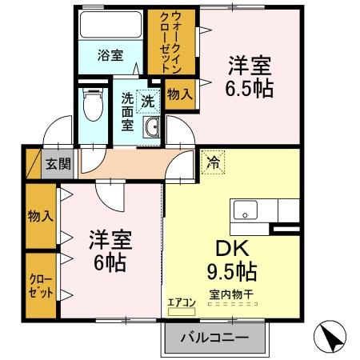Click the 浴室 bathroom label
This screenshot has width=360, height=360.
tap(111, 56)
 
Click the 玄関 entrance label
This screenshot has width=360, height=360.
tap(57, 164)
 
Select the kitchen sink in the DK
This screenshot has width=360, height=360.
tap(244, 212)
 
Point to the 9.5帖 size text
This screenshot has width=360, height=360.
tap(232, 270)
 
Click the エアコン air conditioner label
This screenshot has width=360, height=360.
tap(181, 302)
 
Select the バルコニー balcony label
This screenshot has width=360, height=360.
tap(213, 336)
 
